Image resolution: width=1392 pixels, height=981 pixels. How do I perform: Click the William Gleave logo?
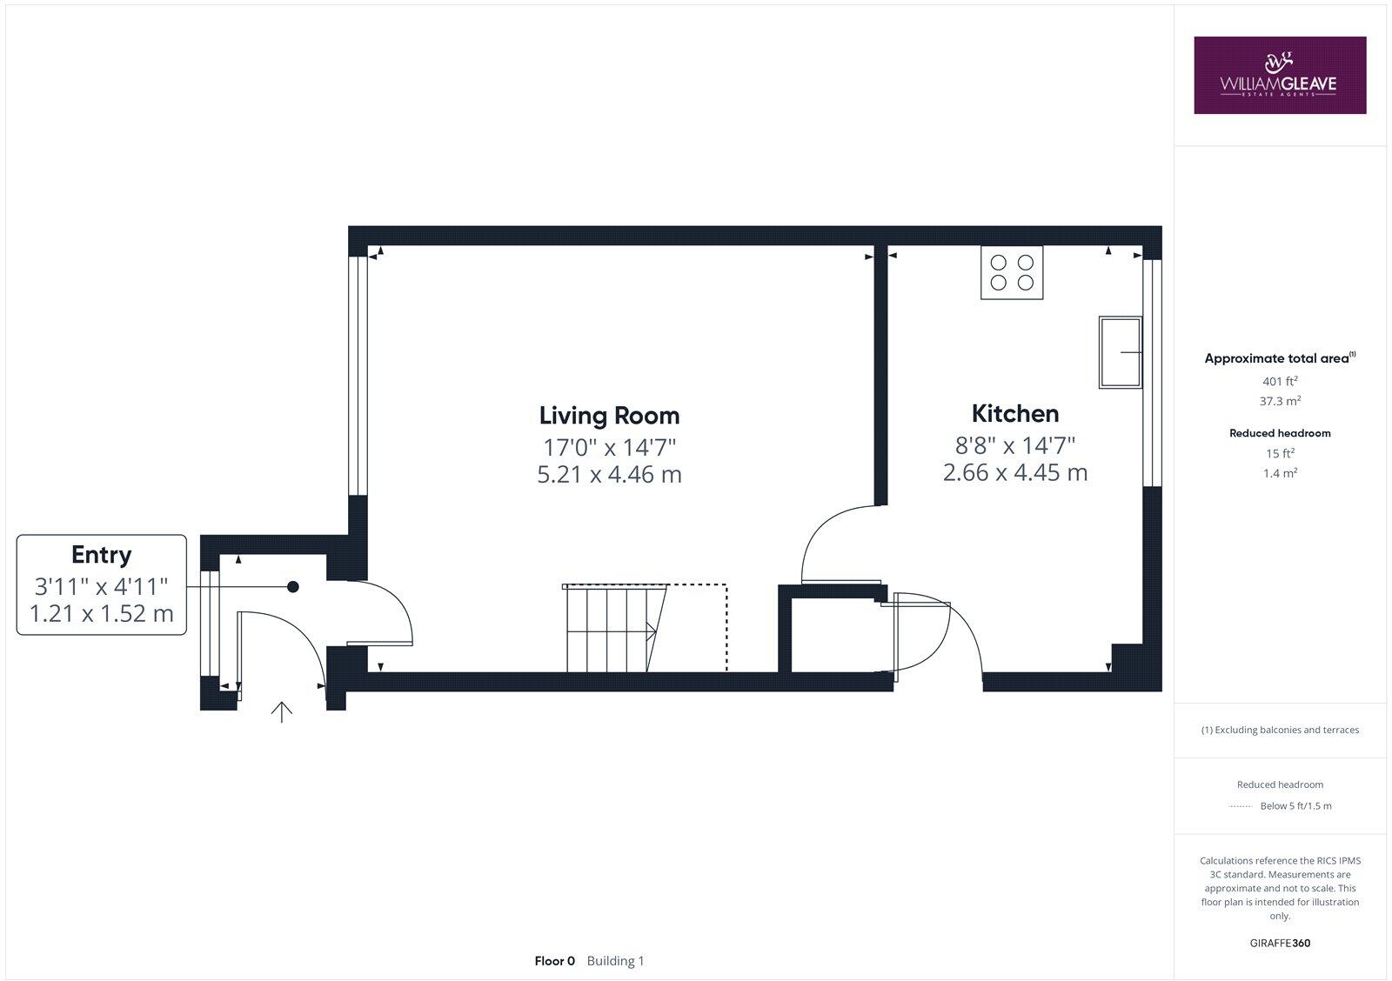click(1279, 75)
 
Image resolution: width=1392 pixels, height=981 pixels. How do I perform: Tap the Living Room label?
click(609, 415)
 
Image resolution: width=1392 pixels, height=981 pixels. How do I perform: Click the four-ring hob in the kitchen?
click(1012, 272)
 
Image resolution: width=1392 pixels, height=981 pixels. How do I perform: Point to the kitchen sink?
click(1120, 352)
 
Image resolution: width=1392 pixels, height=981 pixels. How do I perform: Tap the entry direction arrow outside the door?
click(281, 711)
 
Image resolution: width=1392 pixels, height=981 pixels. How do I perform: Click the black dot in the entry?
click(293, 587)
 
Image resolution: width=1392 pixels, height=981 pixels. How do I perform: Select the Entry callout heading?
click(102, 554)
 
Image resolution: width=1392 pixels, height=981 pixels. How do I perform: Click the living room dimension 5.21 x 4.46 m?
click(609, 475)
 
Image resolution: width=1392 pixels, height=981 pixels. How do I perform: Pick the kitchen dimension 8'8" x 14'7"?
click(1014, 445)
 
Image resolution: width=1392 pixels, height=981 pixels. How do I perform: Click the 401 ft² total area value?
click(1280, 381)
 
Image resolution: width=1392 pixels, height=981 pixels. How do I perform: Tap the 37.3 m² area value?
click(1280, 401)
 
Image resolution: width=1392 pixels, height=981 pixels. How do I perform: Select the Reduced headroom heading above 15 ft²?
click(1280, 432)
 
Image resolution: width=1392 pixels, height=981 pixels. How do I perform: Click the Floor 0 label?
click(554, 961)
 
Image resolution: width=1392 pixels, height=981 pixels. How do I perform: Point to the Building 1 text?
click(615, 961)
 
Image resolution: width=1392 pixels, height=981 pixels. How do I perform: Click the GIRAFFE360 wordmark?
click(1280, 943)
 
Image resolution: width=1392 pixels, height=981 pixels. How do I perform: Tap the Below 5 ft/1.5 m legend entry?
click(1295, 805)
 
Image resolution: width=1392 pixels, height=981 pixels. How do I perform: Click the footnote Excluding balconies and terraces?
click(1280, 730)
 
